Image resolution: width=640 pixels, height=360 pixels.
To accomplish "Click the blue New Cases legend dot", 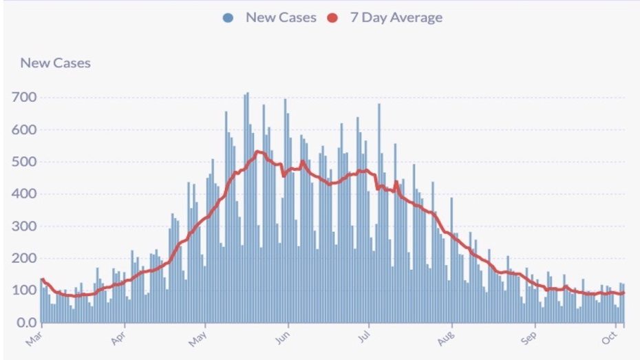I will tap(228, 17).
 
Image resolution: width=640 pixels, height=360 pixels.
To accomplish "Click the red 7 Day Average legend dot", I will tap(333, 17).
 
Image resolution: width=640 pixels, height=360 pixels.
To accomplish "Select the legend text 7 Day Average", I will tap(396, 17).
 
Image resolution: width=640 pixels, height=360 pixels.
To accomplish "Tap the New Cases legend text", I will tap(281, 17).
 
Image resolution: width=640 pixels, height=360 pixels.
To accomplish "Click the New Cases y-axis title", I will tap(55, 63).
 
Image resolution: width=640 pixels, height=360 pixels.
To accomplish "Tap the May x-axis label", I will tap(198, 340).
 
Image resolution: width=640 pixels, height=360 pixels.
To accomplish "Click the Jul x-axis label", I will tap(362, 340).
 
